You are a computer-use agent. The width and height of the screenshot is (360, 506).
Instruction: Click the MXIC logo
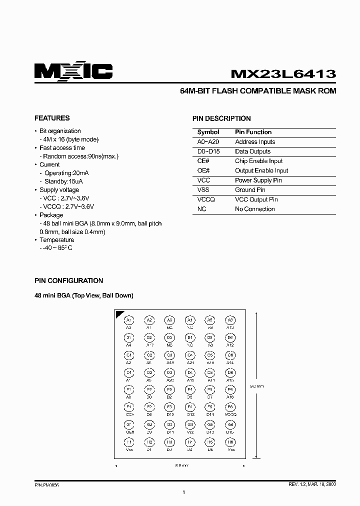pos(73,72)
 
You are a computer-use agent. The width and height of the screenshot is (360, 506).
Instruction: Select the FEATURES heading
pos(52,118)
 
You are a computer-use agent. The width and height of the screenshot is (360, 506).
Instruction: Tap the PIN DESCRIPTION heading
pos(221,119)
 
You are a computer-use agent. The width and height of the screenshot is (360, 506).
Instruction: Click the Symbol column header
pos(208,132)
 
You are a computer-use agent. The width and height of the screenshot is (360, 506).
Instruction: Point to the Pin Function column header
pos(253,132)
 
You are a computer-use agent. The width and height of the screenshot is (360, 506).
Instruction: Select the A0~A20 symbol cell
pos(208,142)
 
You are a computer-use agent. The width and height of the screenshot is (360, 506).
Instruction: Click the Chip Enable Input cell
pos(258,161)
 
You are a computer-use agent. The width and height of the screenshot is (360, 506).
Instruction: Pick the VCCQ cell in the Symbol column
pos(206,199)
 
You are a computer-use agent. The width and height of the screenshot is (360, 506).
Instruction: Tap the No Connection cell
pos(254,209)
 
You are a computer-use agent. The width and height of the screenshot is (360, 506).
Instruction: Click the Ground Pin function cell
pos(250,190)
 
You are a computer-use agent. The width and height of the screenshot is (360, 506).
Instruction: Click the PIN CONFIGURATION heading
pos(68,281)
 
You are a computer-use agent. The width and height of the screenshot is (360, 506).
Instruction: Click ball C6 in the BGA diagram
pos(230,355)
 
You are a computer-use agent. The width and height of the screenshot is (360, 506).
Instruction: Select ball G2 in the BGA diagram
pos(149,424)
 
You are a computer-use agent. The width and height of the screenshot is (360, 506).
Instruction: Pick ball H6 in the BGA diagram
pos(230,442)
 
